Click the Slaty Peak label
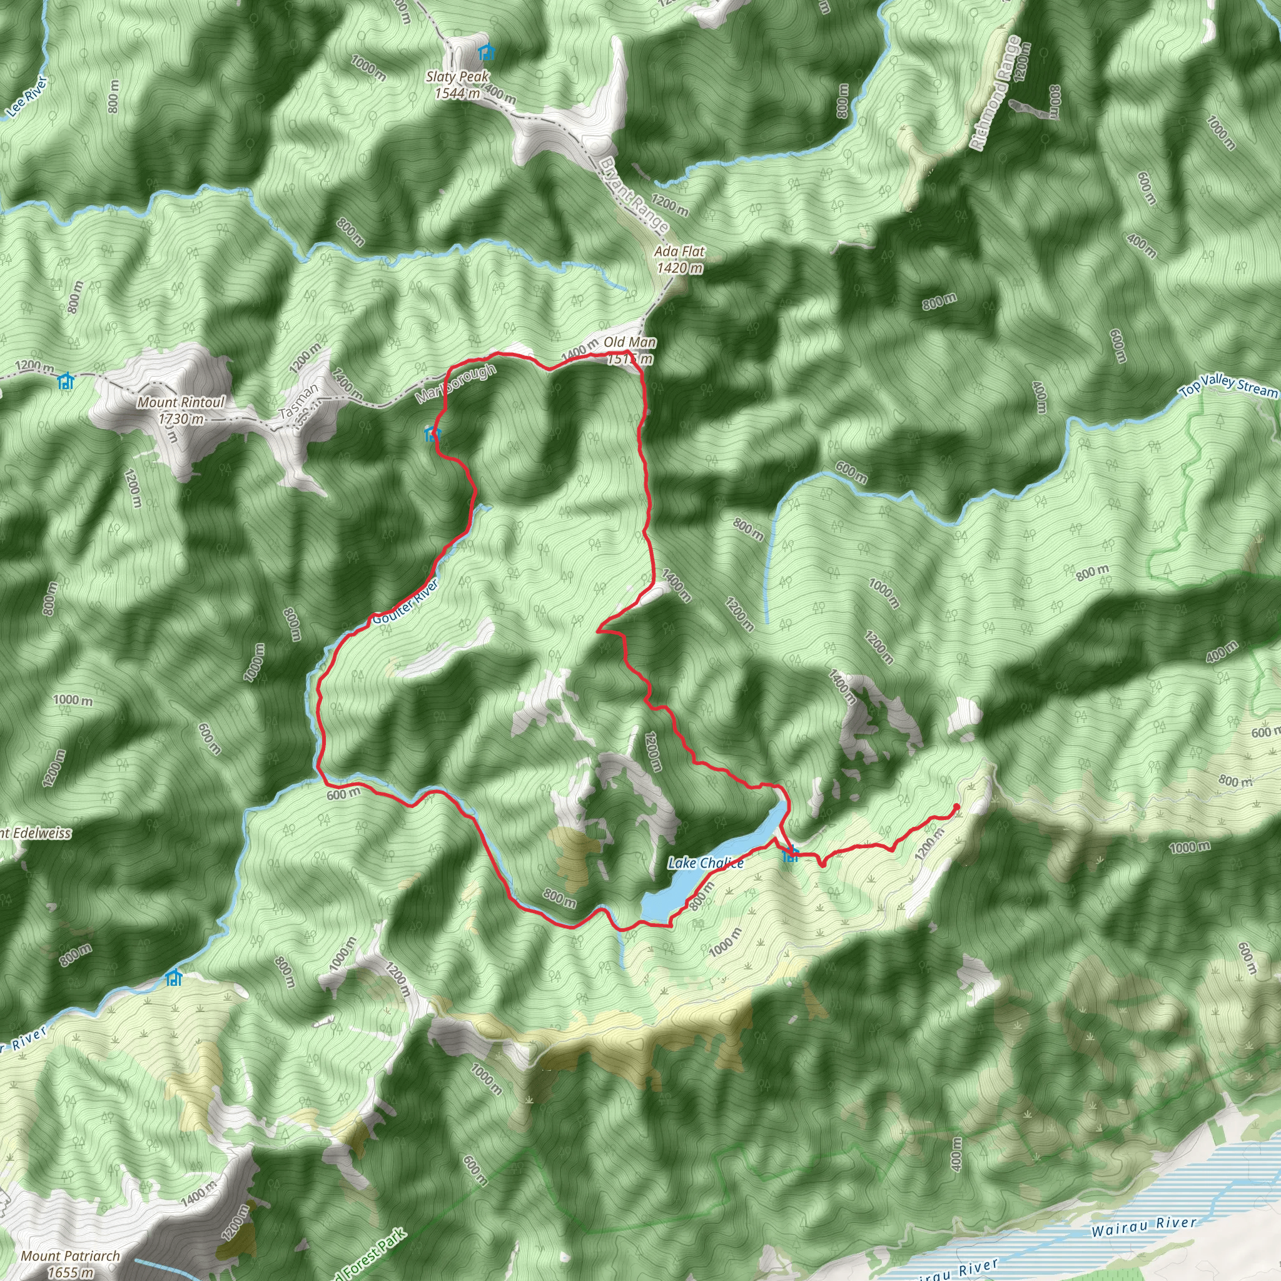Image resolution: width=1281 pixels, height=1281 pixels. (x=457, y=78)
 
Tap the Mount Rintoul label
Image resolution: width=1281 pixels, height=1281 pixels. (x=181, y=402)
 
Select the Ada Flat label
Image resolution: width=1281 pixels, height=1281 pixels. (x=679, y=252)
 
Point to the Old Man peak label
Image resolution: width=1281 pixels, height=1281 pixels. (x=630, y=343)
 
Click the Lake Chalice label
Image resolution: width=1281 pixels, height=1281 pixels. (x=706, y=863)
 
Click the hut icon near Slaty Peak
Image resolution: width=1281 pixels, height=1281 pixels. (x=487, y=51)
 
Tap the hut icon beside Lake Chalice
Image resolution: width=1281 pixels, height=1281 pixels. (x=791, y=854)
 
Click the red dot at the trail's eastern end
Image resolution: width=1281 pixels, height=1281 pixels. (x=956, y=807)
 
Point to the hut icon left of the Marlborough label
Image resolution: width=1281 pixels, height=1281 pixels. (x=432, y=434)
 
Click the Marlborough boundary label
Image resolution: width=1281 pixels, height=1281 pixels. (x=455, y=385)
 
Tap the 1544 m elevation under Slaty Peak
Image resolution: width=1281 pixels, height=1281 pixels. (x=457, y=93)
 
